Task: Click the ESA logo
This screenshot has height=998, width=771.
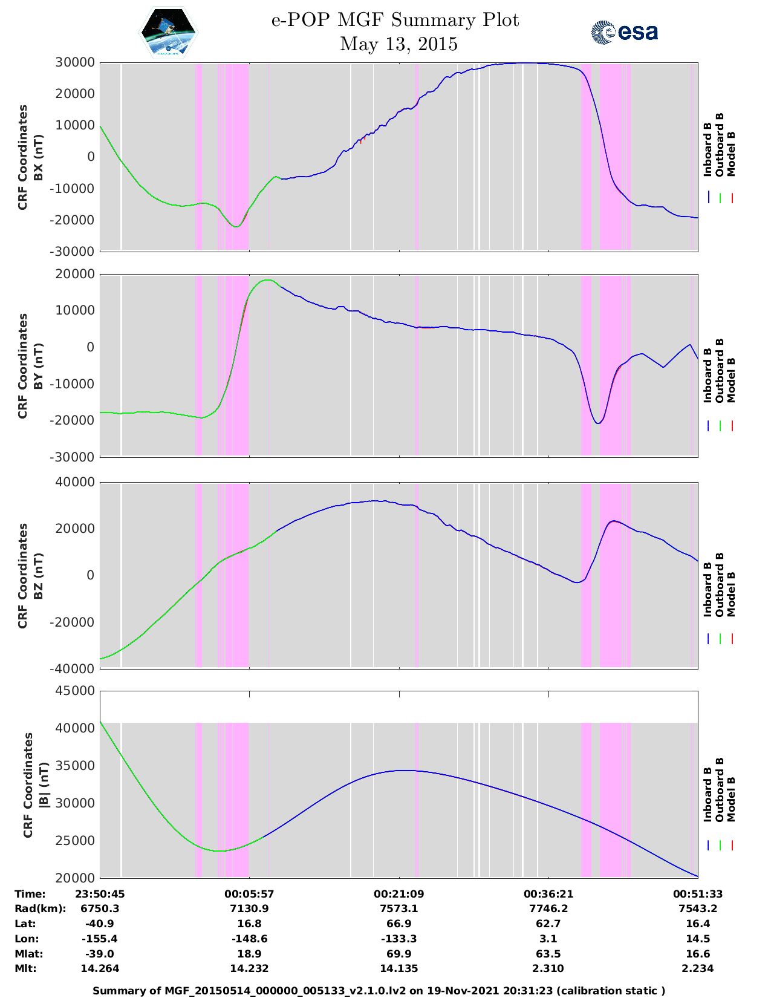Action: click(x=624, y=32)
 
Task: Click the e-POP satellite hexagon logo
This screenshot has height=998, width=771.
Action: click(x=168, y=32)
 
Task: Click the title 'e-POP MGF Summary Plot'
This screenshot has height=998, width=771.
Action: click(x=395, y=20)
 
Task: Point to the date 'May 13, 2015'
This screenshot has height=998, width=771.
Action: click(x=399, y=44)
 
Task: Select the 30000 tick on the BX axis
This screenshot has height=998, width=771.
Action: click(x=75, y=62)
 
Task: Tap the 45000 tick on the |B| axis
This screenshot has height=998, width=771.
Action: click(x=75, y=691)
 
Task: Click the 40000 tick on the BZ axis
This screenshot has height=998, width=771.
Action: click(x=75, y=482)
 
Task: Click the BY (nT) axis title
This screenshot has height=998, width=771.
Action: click(x=38, y=366)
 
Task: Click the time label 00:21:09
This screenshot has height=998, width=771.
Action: click(x=399, y=894)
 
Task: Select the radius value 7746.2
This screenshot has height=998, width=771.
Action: click(x=548, y=909)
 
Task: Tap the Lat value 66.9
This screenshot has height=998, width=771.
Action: click(x=399, y=924)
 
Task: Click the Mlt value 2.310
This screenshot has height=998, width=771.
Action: click(x=548, y=969)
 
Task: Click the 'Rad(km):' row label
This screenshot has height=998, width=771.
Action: click(x=41, y=909)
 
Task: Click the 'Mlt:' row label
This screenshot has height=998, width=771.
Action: click(x=25, y=969)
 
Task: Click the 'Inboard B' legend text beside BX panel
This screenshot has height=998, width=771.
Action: click(x=708, y=149)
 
